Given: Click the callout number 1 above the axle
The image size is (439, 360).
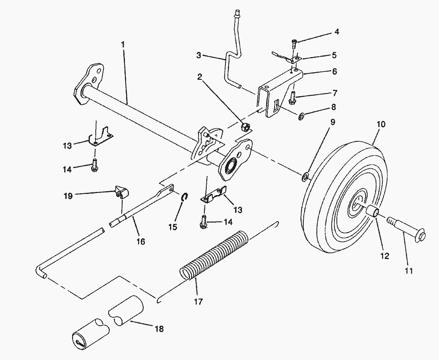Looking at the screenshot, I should point(123,43).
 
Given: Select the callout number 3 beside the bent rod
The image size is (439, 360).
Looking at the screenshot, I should point(199,56).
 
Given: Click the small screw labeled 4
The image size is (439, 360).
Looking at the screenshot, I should point(294,43).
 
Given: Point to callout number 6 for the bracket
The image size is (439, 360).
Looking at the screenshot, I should point(334,71).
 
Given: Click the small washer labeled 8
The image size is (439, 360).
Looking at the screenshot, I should point(301,117).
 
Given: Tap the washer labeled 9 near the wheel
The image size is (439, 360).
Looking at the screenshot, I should point(305,176).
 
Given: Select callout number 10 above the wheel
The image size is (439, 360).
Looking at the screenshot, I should point(381,124).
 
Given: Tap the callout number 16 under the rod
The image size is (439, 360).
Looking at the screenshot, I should point(140,241).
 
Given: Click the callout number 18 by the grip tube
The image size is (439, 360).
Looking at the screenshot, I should point(158,329).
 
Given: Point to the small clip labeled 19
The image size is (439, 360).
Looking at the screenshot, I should point(121,193).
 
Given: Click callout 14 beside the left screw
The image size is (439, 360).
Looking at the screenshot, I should point(67,170).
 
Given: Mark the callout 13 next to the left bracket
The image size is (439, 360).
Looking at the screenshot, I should point(67,145).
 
